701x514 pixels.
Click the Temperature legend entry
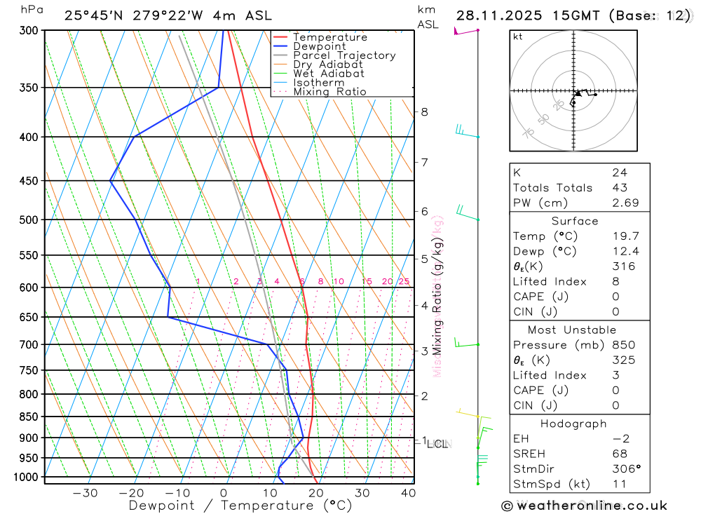329,37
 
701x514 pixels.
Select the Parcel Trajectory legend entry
344,55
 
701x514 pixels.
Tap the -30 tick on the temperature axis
85,493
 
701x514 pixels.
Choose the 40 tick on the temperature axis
408,493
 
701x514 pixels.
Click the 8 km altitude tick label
425,111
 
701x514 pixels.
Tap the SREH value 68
618,454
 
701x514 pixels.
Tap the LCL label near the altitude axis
439,444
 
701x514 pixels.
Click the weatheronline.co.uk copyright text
584,506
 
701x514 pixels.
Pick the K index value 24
618,173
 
